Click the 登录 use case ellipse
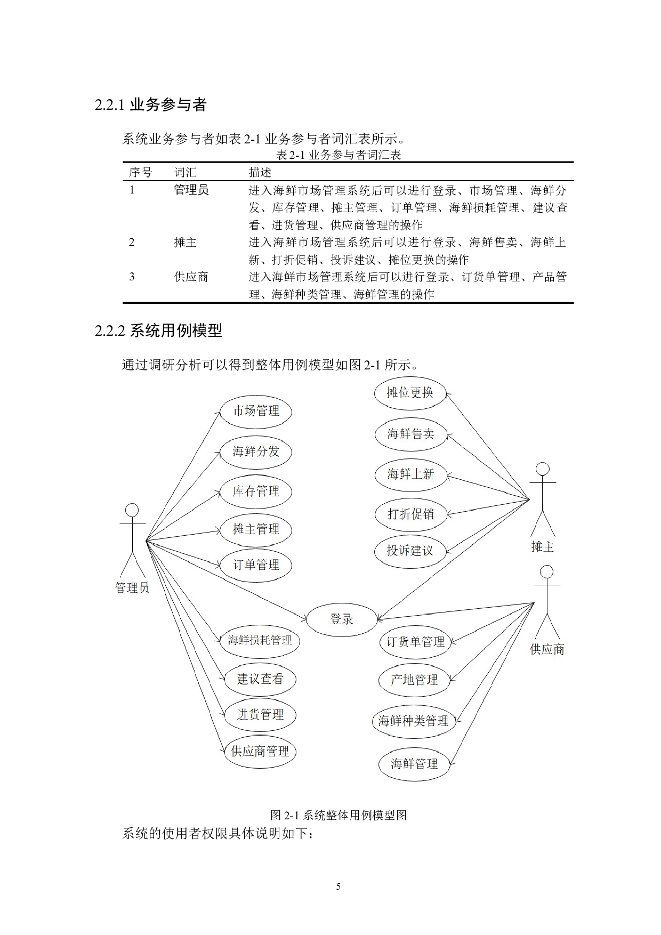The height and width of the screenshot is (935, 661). pyautogui.click(x=341, y=619)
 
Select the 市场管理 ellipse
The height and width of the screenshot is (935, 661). pyautogui.click(x=256, y=411)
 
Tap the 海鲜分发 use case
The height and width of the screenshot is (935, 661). pyautogui.click(x=256, y=452)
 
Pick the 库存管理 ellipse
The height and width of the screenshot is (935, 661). pyautogui.click(x=256, y=491)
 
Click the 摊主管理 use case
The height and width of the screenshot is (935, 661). pyautogui.click(x=256, y=529)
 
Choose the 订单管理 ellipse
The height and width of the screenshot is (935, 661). pyautogui.click(x=256, y=565)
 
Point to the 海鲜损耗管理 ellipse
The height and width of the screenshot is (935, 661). pyautogui.click(x=260, y=640)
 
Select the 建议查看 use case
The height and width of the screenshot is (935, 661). pyautogui.click(x=260, y=679)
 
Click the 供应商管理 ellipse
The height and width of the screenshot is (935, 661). pyautogui.click(x=260, y=752)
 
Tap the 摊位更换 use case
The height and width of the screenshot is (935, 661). pyautogui.click(x=409, y=393)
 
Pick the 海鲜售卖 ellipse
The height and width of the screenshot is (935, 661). pyautogui.click(x=410, y=434)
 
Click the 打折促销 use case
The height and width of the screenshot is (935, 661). pyautogui.click(x=410, y=514)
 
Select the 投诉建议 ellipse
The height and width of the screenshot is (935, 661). pyautogui.click(x=410, y=551)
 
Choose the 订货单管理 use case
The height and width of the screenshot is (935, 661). pyautogui.click(x=415, y=642)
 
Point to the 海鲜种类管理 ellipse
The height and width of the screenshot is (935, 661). pyautogui.click(x=414, y=721)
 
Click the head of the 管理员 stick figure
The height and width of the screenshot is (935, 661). pyautogui.click(x=132, y=510)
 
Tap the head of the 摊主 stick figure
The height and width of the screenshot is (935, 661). pyautogui.click(x=543, y=469)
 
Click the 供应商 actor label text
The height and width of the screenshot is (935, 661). pyautogui.click(x=547, y=649)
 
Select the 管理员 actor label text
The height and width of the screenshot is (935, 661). pyautogui.click(x=132, y=588)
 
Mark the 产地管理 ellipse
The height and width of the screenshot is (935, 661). pyautogui.click(x=414, y=680)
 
